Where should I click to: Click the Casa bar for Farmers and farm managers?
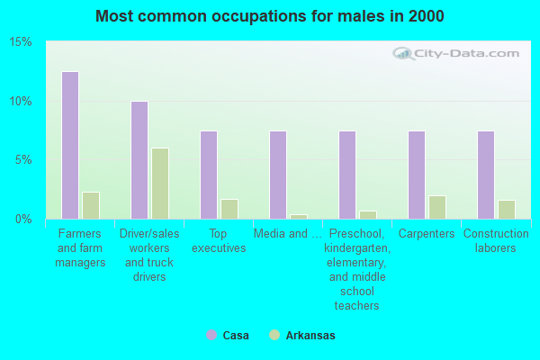pos(69,145)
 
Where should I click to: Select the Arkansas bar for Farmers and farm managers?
pos(90,205)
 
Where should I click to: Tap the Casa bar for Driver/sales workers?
pos(139,160)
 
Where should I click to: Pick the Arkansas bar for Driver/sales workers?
pos(159,184)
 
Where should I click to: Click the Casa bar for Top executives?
pos(208,175)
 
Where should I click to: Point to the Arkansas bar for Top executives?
pos(229,209)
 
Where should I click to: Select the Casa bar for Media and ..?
pos(277,175)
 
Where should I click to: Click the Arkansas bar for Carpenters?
pos(436,207)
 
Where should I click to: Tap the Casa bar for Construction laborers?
pos(485,175)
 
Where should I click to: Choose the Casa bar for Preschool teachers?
pos(346,175)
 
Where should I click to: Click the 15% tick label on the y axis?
pos(21,42)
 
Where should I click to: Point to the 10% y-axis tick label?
pos(21,101)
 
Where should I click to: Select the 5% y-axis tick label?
pos(23,160)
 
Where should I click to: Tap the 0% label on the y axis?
pos(23,219)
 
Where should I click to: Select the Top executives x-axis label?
pos(219,240)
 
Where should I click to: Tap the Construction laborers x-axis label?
pos(496,240)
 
